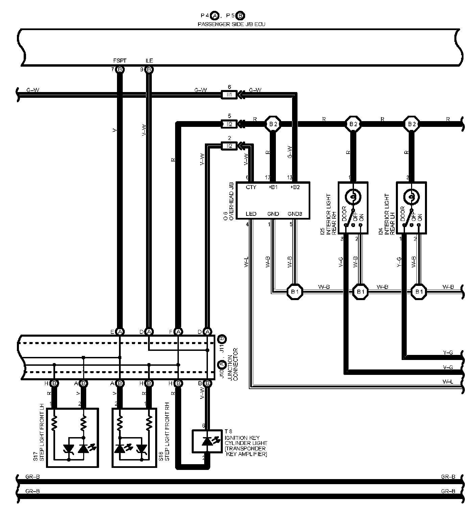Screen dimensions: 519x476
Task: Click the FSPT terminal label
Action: point(120,61)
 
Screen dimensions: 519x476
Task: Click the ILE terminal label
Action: point(149,61)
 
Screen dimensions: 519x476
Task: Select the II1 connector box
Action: point(230,95)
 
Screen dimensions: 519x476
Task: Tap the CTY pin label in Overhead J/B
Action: point(251,187)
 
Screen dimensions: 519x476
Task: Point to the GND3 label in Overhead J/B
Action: point(294,214)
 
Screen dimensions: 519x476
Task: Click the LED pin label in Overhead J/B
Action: point(251,214)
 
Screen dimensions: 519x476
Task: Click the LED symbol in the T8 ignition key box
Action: point(207,441)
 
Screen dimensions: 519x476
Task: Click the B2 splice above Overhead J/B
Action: point(273,124)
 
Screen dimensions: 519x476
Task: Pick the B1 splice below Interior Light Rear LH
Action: point(419,292)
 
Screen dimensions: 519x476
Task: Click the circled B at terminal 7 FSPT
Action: point(120,70)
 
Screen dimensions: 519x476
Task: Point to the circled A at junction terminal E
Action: point(120,332)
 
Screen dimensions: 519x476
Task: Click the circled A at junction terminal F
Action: point(178,332)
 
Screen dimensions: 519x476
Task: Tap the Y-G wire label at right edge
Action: point(448,353)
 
